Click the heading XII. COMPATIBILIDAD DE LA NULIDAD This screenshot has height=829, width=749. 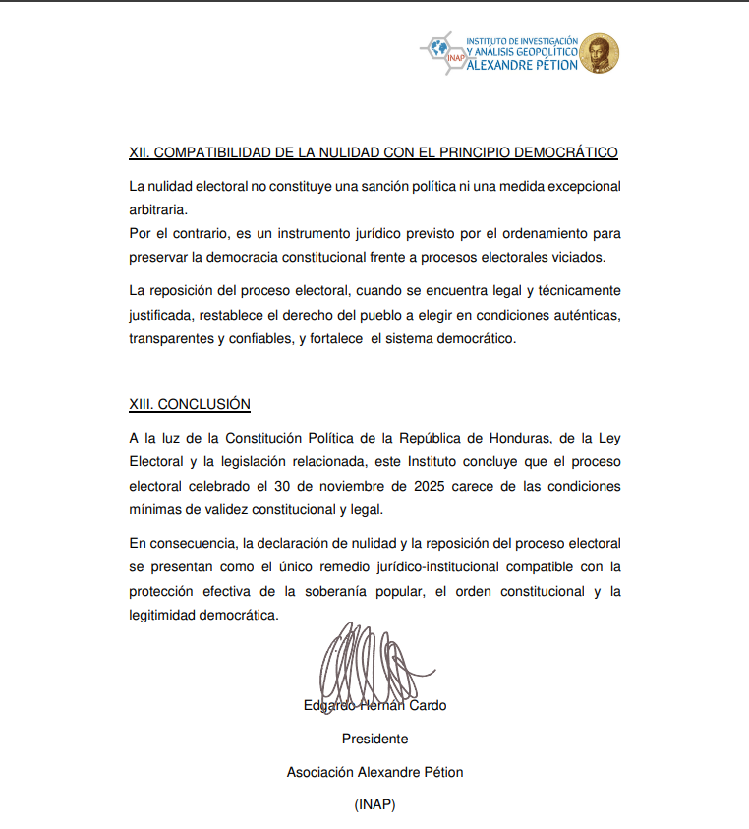click(x=374, y=152)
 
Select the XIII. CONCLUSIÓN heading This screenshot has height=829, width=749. click(x=190, y=404)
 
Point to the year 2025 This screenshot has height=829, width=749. click(x=433, y=485)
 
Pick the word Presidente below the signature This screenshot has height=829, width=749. click(x=374, y=739)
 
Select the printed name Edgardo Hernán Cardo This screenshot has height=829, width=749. click(x=374, y=705)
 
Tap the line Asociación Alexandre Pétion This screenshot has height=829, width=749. click(x=374, y=772)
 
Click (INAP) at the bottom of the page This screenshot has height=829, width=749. click(x=374, y=804)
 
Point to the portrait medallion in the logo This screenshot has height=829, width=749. click(x=600, y=54)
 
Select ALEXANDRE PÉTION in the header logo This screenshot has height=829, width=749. click(x=522, y=66)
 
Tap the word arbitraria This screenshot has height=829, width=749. click(x=157, y=209)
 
